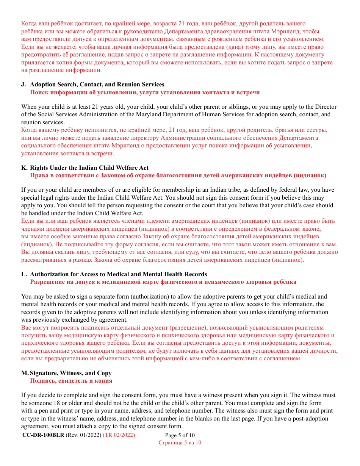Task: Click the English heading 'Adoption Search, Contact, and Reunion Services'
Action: pyautogui.click(x=97, y=84)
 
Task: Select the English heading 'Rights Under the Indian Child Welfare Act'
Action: pyautogui.click(x=89, y=168)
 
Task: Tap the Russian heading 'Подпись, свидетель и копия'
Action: pyautogui.click(x=71, y=380)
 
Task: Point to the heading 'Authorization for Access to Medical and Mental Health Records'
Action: pyautogui.click(x=118, y=274)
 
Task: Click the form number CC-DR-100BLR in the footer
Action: pyautogui.click(x=43, y=435)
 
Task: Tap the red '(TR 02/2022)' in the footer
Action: pyautogui.click(x=119, y=435)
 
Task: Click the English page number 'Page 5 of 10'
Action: pyautogui.click(x=180, y=436)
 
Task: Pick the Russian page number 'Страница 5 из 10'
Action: pyautogui.click(x=180, y=443)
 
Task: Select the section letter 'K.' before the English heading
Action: pyautogui.click(x=24, y=168)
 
